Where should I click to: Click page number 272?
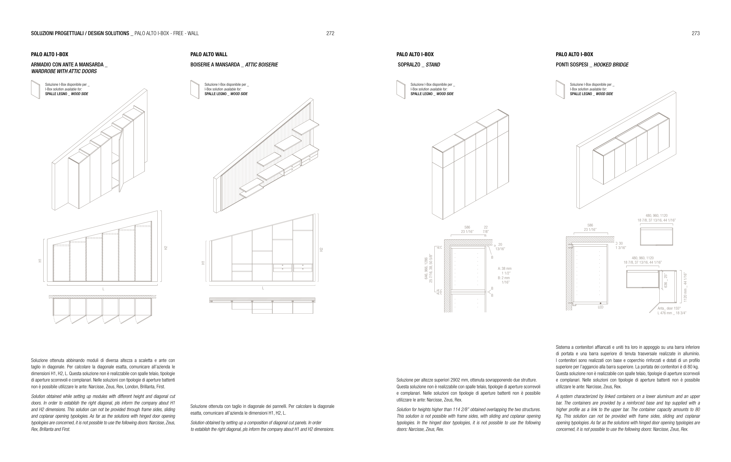click(330, 33)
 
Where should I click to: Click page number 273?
click(696, 33)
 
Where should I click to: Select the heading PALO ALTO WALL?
click(209, 54)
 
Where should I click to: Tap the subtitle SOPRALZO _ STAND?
click(419, 65)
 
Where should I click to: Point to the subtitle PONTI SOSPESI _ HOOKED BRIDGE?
click(592, 65)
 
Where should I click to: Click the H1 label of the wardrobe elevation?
click(40, 260)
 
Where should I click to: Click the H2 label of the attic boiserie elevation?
click(321, 250)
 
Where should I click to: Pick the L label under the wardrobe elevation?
click(103, 289)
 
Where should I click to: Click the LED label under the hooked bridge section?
click(601, 307)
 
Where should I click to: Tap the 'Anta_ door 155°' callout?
click(669, 308)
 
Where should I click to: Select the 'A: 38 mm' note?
click(505, 269)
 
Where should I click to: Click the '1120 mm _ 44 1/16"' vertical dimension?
click(685, 287)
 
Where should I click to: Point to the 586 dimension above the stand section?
click(467, 227)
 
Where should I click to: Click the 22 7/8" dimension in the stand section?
click(486, 229)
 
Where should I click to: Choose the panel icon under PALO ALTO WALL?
click(195, 89)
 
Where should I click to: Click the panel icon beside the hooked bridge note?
click(560, 89)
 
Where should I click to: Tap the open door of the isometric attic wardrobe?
click(121, 161)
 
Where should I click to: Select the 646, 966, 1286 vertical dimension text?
click(426, 268)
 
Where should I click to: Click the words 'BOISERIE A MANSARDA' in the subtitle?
click(215, 65)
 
